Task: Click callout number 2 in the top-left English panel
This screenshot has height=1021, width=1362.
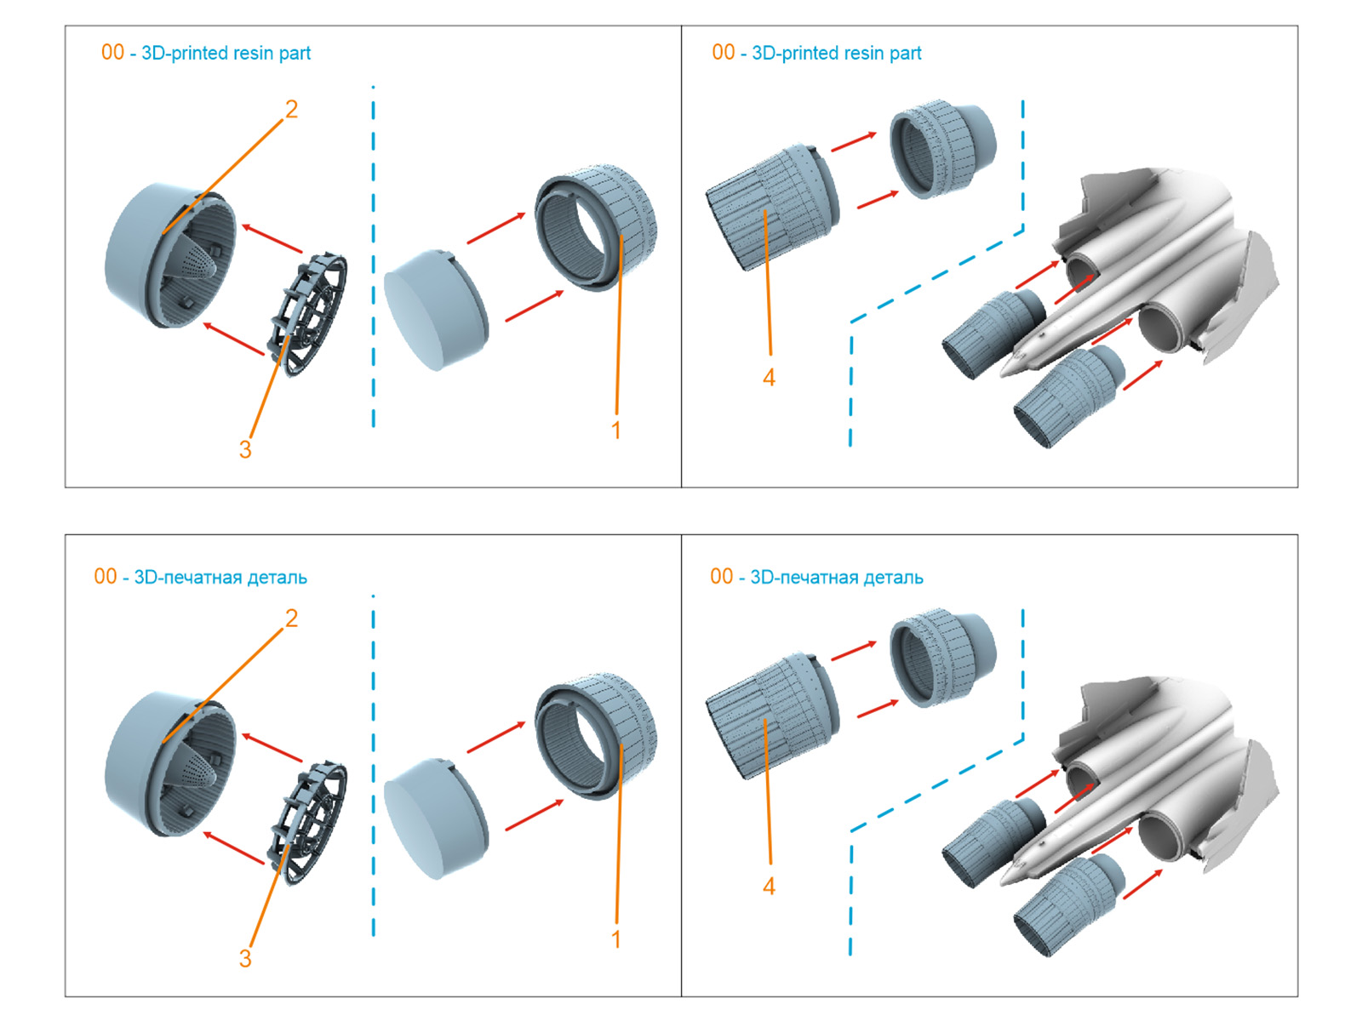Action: coord(291,109)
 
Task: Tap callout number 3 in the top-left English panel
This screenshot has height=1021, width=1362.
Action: coord(245,449)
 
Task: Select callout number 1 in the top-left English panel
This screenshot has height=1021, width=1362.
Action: coord(616,431)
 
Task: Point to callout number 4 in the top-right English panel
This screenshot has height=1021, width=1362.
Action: coord(769,377)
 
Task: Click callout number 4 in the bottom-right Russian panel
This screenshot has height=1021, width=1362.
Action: coord(769,886)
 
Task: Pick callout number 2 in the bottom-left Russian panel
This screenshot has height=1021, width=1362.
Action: coord(291,618)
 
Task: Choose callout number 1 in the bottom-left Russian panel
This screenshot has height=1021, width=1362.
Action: coord(616,939)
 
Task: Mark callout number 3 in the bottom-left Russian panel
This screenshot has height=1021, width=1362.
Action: coord(245,958)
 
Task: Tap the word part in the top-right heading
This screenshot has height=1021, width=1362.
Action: coord(905,53)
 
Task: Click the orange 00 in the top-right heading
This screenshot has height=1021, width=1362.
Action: coord(723,53)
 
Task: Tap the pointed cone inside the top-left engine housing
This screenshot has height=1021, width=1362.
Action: coord(200,264)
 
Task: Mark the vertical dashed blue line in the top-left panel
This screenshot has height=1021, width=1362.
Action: coord(373,255)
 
